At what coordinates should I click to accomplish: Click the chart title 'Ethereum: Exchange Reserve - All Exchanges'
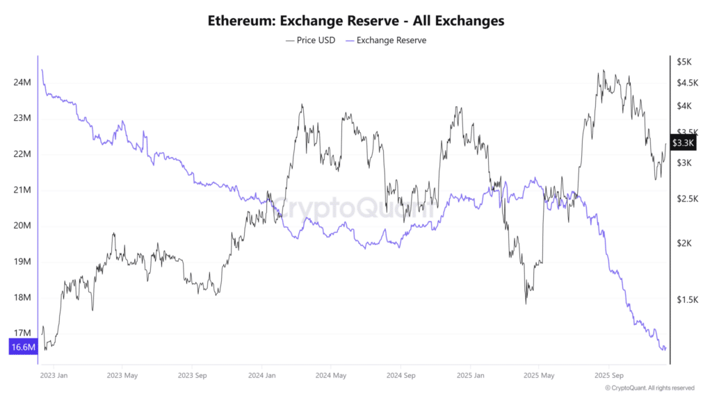coord(356,21)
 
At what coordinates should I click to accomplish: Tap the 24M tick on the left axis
coord(22,83)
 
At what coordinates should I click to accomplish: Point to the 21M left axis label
coord(22,190)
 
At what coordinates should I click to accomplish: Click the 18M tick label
coord(22,298)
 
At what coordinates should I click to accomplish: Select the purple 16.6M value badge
coord(22,347)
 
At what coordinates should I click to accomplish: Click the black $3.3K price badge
coord(684,143)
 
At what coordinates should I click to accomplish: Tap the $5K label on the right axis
coord(684,62)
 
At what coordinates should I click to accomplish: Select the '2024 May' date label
coord(331,376)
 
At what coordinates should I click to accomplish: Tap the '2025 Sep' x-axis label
coord(609,376)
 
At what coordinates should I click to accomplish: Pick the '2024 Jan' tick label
coord(262,376)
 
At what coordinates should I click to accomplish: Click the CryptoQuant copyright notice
coord(649,388)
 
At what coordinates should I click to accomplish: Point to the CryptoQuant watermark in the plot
coord(355,206)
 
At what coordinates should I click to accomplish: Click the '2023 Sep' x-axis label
coord(192,376)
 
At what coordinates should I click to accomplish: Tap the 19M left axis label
coord(22,262)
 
